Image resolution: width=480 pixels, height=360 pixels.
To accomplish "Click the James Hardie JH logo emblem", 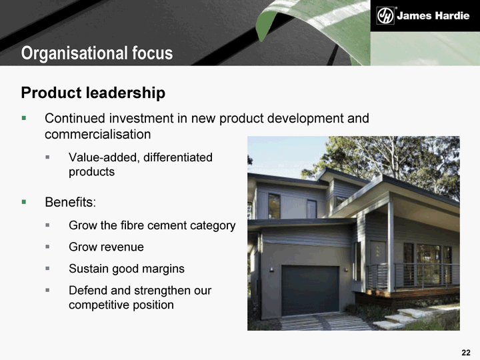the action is click(385, 15).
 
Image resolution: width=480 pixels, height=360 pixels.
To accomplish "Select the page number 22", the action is click(465, 353).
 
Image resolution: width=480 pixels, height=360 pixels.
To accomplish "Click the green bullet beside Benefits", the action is click(24, 202).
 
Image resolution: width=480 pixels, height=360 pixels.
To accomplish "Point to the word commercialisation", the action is click(97, 135).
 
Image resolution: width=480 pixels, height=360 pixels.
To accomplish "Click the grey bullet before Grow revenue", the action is click(47, 247).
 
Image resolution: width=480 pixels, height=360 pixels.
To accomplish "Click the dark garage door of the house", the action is click(310, 291).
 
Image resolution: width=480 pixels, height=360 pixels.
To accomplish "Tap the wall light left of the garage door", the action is click(271, 269).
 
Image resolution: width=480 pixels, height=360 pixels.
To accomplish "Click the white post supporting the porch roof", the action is click(391, 245).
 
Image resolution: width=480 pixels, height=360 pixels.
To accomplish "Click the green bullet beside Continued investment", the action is click(24, 118).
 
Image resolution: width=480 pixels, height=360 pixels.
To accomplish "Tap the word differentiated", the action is click(178, 157).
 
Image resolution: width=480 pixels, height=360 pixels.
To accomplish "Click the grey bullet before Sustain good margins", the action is click(47, 268).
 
